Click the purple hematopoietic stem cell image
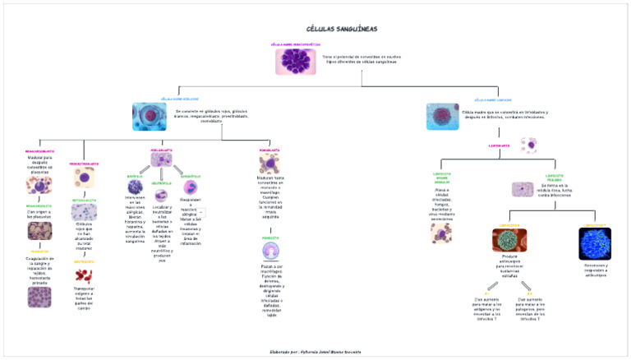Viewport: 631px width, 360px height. coord(289,62)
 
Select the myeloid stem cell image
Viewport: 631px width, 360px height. coord(149,116)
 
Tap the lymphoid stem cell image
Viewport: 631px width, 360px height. coord(443,116)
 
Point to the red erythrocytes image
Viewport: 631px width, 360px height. coord(84,275)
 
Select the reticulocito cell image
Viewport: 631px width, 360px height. coord(84,212)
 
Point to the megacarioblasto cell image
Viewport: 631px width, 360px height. coord(39,185)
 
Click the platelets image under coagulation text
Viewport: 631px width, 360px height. coord(39,297)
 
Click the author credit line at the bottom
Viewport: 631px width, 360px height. coord(315,351)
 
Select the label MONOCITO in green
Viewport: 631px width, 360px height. coord(270,237)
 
